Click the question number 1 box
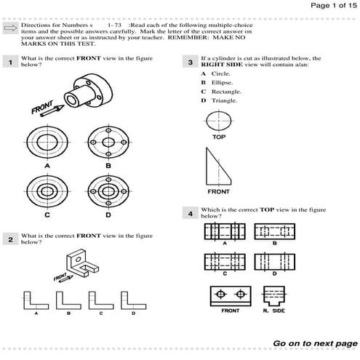click(x=9, y=63)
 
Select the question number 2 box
click(x=9, y=239)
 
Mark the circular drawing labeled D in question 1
click(x=108, y=191)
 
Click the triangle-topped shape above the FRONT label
click(x=217, y=167)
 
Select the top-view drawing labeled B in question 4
click(x=274, y=231)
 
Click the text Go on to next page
click(x=314, y=343)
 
